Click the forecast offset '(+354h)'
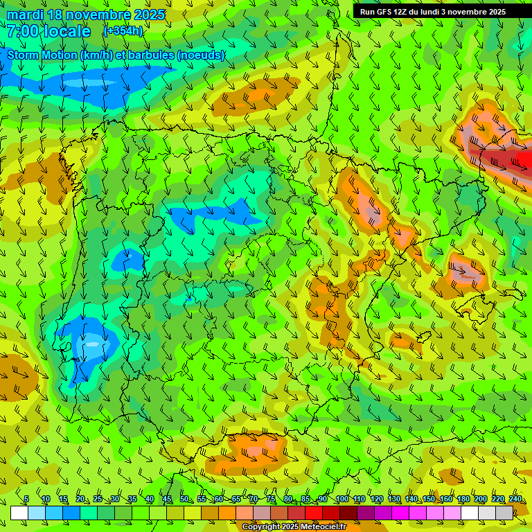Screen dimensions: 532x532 click(x=123, y=30)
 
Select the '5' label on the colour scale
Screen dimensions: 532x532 click(x=26, y=499)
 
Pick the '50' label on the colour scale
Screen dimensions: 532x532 click(x=184, y=499)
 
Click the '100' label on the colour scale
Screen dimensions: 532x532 click(x=342, y=499)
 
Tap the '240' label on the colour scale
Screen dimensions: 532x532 click(x=515, y=499)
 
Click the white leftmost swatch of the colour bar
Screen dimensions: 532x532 click(x=19, y=513)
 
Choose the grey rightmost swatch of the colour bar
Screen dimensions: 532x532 click(x=504, y=513)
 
